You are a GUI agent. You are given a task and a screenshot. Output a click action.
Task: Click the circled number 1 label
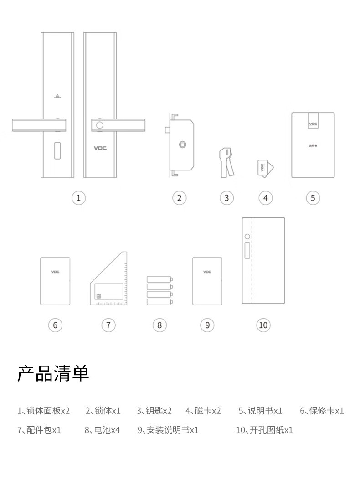click(79, 198)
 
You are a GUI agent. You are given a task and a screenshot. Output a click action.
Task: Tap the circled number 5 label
click(313, 198)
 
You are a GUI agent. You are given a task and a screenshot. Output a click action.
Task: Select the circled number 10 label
click(263, 325)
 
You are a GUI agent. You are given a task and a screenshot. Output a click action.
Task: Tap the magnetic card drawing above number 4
click(264, 167)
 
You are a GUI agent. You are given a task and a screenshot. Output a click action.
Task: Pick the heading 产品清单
click(53, 373)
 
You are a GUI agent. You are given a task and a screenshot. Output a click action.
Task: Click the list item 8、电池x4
click(102, 430)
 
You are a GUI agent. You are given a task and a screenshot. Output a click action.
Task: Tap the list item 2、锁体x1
click(103, 411)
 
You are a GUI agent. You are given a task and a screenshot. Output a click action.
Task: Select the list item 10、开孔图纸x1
click(264, 430)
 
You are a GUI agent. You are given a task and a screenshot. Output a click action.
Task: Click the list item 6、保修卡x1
click(322, 411)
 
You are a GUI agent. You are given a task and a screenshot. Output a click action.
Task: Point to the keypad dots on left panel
click(57, 97)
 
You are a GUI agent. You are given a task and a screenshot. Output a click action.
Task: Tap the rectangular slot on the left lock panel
click(57, 152)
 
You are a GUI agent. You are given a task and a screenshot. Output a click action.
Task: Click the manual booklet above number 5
click(313, 145)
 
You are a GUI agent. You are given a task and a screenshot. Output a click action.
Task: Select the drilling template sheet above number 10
click(263, 260)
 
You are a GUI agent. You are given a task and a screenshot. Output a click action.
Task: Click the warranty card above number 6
click(55, 281)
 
